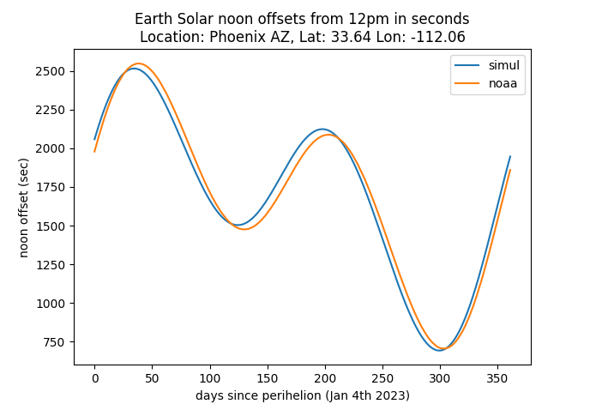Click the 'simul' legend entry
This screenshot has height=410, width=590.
click(x=503, y=66)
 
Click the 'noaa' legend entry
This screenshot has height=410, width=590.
click(x=503, y=83)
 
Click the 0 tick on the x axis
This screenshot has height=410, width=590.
click(x=95, y=377)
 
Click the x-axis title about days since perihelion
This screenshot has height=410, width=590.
click(x=302, y=395)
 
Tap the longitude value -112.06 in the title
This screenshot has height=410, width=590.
click(x=436, y=37)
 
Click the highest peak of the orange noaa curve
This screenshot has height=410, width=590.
click(x=137, y=63)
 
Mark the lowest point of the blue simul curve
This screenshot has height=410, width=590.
click(x=439, y=350)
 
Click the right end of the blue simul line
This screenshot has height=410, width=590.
click(x=510, y=156)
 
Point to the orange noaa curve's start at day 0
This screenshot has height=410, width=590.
click(x=95, y=152)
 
